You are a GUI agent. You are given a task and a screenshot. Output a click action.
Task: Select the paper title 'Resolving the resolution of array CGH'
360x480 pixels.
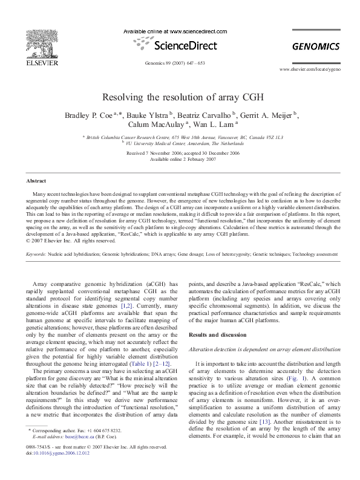click(x=180, y=97)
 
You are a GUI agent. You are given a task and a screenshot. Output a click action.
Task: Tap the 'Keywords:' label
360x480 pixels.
click(x=36, y=255)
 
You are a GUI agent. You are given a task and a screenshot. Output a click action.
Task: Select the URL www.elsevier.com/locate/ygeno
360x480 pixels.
click(x=310, y=70)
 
